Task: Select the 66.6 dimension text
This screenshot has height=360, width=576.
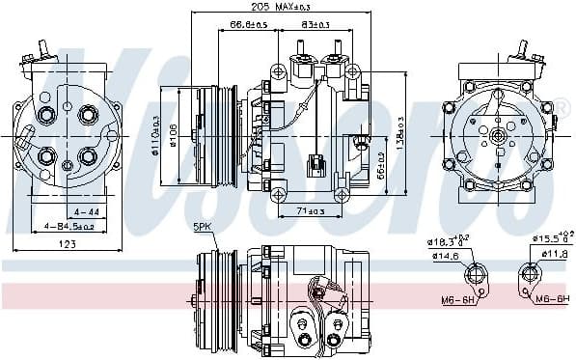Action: coord(249,24)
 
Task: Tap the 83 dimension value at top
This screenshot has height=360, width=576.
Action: coord(315,24)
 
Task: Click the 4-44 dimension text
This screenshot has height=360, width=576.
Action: coord(86,209)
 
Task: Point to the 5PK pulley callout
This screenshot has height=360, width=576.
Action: coord(202,227)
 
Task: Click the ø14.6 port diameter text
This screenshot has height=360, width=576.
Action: coord(446,255)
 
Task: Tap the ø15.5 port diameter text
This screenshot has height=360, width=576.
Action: coord(550,237)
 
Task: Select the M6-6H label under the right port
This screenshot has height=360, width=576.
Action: coord(552,298)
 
